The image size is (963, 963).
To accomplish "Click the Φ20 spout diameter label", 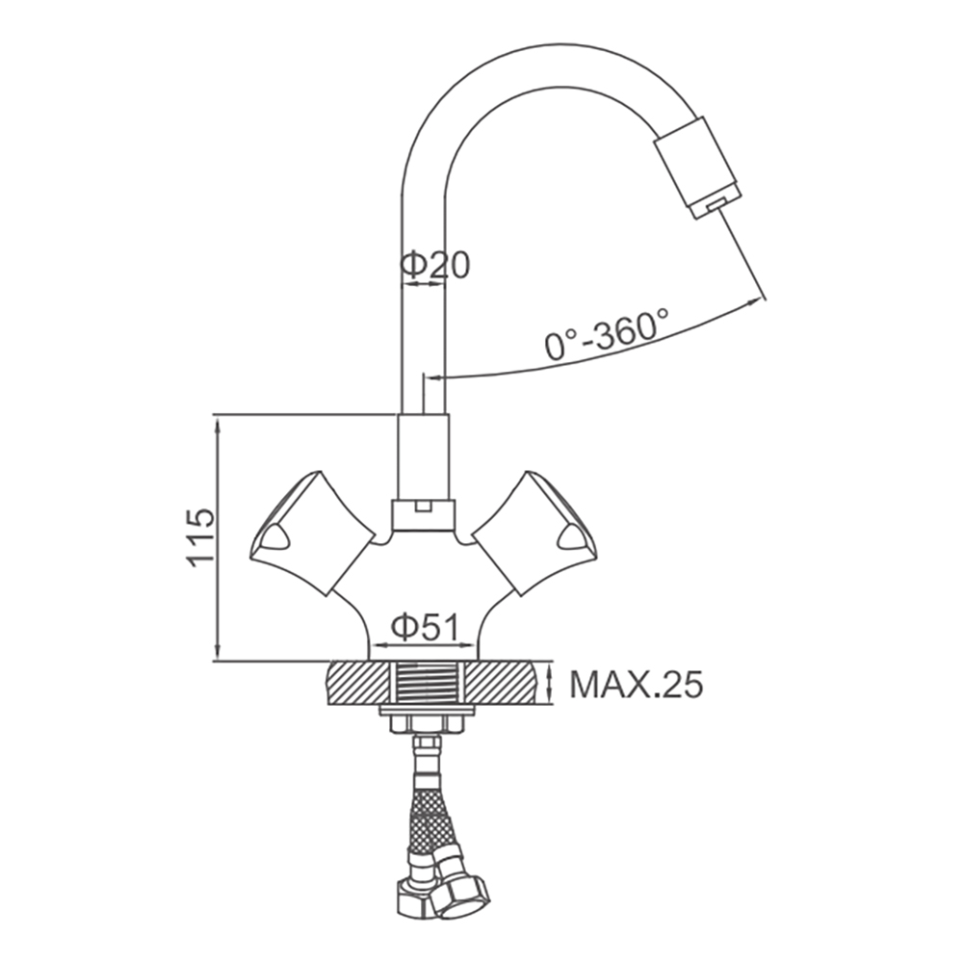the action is coord(435,266).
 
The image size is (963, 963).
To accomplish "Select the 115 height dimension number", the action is coord(201,536).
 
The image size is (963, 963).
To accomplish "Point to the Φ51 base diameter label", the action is coord(425,628).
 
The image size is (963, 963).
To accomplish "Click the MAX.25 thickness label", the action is coord(636,684).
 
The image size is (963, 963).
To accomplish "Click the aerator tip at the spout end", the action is coord(698,168).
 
